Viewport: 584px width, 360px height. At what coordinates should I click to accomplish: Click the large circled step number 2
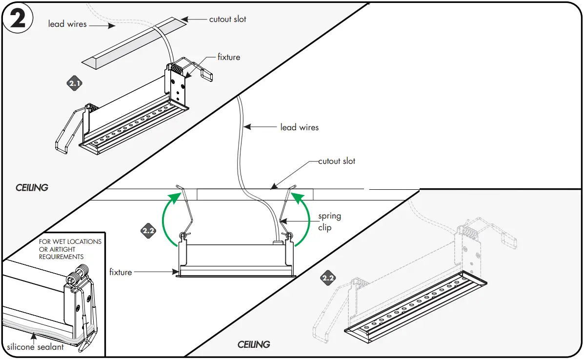coord(18,19)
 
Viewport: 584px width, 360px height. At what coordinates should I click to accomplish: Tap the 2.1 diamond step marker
coord(74,84)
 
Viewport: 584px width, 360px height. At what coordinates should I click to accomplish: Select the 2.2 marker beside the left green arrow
coord(148,231)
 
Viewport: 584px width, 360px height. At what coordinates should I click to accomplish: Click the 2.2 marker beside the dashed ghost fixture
coord(328,279)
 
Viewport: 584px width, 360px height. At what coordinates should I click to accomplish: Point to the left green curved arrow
coord(166,220)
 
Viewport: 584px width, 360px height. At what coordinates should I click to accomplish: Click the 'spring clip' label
coord(329,221)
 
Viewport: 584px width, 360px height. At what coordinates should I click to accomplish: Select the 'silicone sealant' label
coord(35,347)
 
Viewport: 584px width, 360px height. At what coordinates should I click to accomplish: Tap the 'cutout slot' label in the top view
coord(228,20)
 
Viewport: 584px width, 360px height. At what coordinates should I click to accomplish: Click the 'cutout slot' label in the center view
coord(337,161)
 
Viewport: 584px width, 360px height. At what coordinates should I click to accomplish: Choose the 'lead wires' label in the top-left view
coord(67,23)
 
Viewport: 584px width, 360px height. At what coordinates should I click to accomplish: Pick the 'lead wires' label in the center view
coord(299,127)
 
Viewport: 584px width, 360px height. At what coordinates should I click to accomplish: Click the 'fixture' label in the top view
coord(229,57)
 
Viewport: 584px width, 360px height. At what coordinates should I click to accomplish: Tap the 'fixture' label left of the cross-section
coord(121,272)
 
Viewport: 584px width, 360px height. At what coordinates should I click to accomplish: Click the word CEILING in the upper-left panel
coord(32,187)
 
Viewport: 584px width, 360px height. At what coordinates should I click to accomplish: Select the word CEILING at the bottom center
coord(254,344)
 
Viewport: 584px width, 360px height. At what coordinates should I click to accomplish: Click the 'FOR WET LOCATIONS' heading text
coord(70,241)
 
